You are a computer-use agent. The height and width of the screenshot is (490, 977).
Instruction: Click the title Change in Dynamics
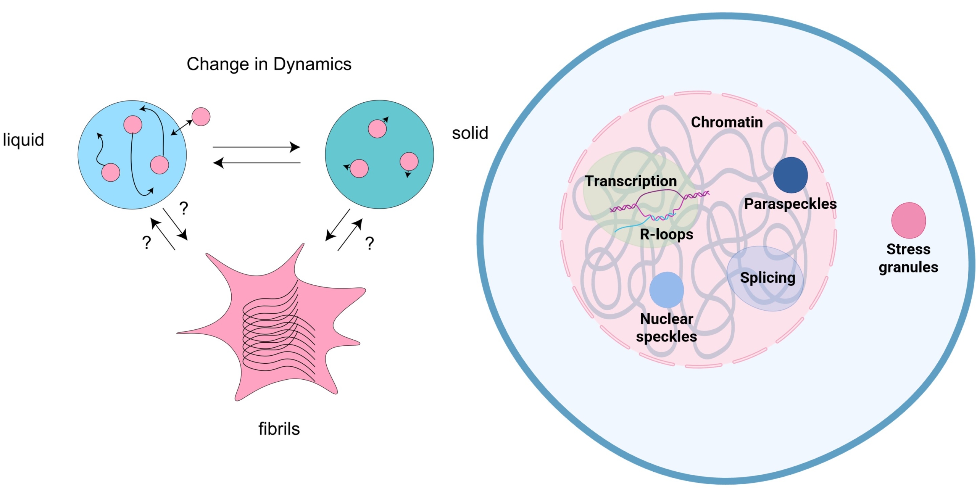[269, 64]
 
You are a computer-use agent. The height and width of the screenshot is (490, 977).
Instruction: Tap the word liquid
[23, 140]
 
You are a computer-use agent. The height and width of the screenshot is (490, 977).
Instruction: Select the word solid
[470, 133]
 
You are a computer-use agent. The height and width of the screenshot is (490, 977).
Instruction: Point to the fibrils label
[279, 429]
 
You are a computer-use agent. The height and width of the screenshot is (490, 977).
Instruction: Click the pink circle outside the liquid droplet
[201, 116]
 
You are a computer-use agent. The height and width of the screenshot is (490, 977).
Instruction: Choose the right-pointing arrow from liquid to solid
[256, 147]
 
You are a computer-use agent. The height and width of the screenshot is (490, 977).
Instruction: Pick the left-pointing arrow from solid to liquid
[256, 163]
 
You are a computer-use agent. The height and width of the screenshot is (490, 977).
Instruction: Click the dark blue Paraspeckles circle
[790, 175]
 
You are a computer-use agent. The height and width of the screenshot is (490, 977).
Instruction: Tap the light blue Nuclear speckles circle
[666, 290]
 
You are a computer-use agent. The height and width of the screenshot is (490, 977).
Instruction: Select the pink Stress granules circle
[908, 220]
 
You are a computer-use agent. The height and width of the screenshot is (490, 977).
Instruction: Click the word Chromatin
[727, 122]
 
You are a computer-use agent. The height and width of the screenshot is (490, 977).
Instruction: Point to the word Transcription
[631, 181]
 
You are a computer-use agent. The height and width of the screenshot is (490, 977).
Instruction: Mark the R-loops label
[666, 234]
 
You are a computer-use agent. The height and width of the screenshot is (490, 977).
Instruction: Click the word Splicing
[767, 277]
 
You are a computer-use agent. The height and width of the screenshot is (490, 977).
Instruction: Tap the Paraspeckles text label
[790, 204]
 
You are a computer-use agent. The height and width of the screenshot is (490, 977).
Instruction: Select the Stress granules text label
[908, 258]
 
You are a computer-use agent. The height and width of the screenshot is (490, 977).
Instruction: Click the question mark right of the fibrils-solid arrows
[369, 243]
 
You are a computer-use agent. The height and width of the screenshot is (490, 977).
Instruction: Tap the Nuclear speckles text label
[666, 327]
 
